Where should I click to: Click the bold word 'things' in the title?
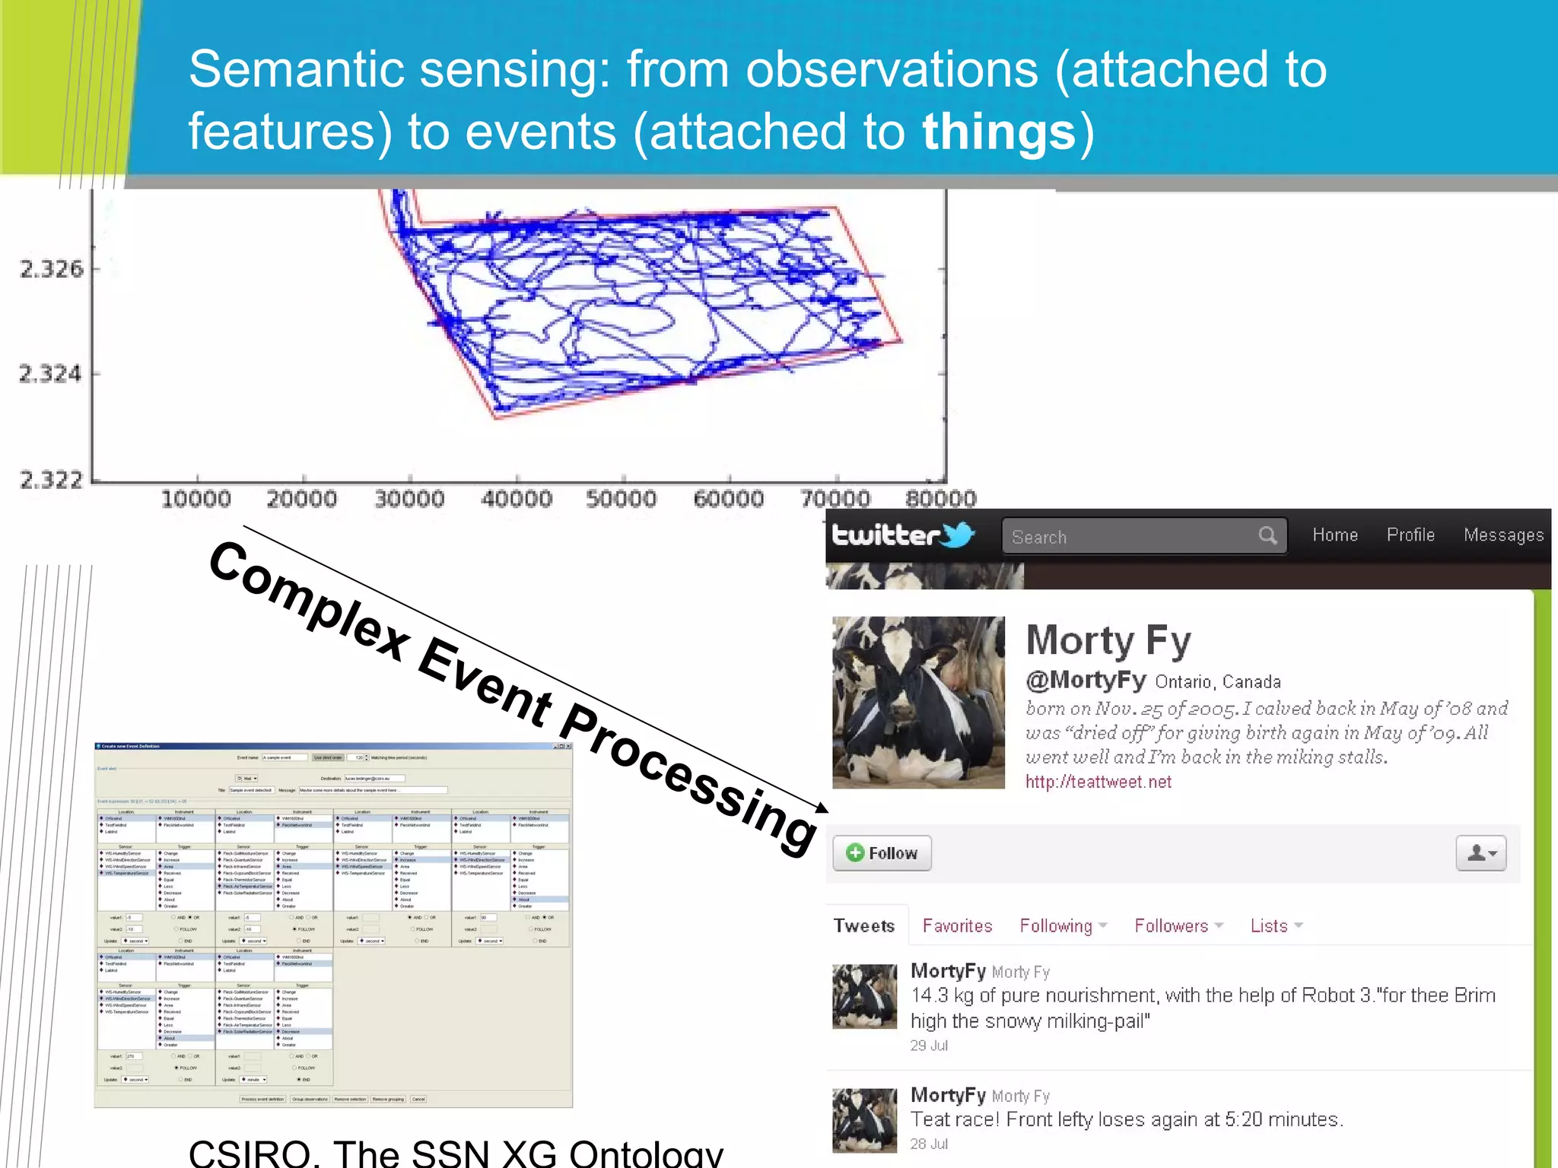point(999,132)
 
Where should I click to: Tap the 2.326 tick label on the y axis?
point(51,269)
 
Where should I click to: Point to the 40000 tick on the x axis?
point(516,500)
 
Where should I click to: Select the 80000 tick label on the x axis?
point(940,500)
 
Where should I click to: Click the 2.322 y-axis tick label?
point(51,480)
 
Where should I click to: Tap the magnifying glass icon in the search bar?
point(1267,535)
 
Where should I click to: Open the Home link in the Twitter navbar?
point(1335,535)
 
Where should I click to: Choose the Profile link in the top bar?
point(1410,535)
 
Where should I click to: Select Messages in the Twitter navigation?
point(1503,535)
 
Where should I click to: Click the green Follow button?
point(882,853)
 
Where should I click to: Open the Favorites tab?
point(957,926)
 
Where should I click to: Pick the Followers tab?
point(1172,926)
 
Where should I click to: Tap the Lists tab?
point(1269,926)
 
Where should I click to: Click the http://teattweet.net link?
point(1098,782)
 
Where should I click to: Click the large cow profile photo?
point(918,702)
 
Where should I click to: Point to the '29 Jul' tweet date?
point(929,1046)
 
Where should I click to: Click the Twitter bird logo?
point(958,535)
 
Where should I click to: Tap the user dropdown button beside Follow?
point(1480,853)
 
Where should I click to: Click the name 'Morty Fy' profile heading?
point(1108,640)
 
